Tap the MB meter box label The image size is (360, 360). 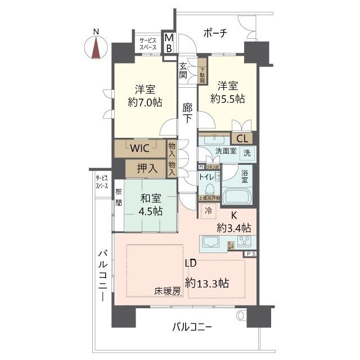(x=168, y=43)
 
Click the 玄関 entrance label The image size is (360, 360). (x=183, y=70)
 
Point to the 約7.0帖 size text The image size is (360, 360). (x=145, y=102)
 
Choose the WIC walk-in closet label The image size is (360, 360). (x=140, y=149)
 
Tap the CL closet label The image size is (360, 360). (x=242, y=138)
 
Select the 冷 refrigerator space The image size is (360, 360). (x=208, y=211)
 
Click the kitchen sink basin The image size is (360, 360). (x=211, y=244)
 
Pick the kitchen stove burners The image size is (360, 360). (x=245, y=242)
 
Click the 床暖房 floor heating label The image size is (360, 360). (x=168, y=291)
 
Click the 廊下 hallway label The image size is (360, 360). (x=188, y=112)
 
